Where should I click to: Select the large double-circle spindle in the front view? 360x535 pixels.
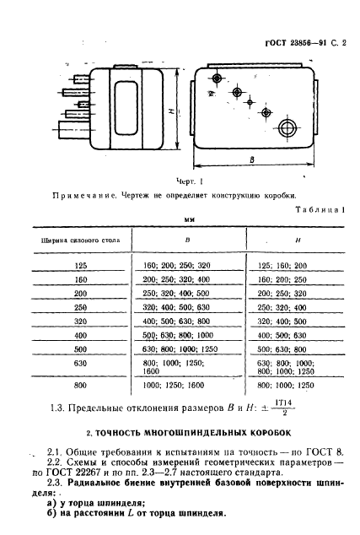coord(289,127)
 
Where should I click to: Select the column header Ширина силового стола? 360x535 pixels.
coord(81,240)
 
